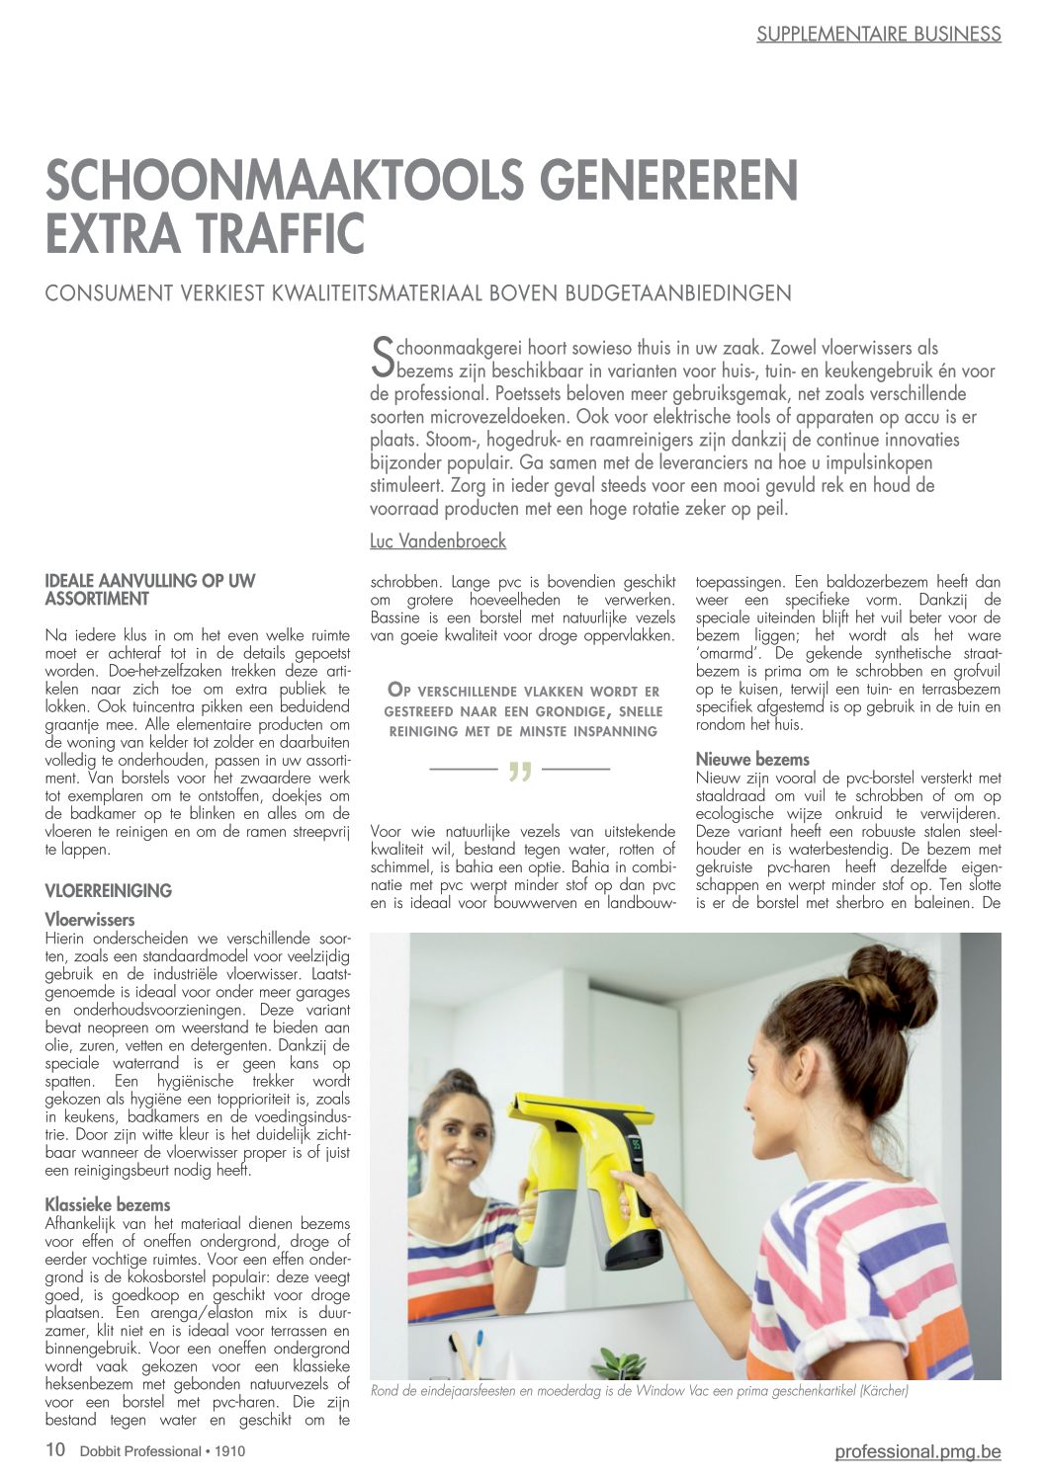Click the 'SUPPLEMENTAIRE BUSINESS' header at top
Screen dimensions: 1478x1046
(878, 34)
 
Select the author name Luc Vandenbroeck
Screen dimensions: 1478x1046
(438, 541)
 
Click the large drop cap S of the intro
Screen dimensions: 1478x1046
(382, 359)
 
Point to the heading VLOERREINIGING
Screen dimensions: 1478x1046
(109, 890)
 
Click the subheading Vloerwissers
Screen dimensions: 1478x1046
(90, 920)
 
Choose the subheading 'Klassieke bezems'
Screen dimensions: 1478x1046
(108, 1204)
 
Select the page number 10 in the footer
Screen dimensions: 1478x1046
(55, 1449)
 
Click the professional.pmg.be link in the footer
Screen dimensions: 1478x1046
(917, 1450)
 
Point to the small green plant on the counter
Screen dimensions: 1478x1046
(623, 1363)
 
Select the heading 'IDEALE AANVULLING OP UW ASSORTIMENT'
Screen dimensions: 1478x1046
(150, 590)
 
